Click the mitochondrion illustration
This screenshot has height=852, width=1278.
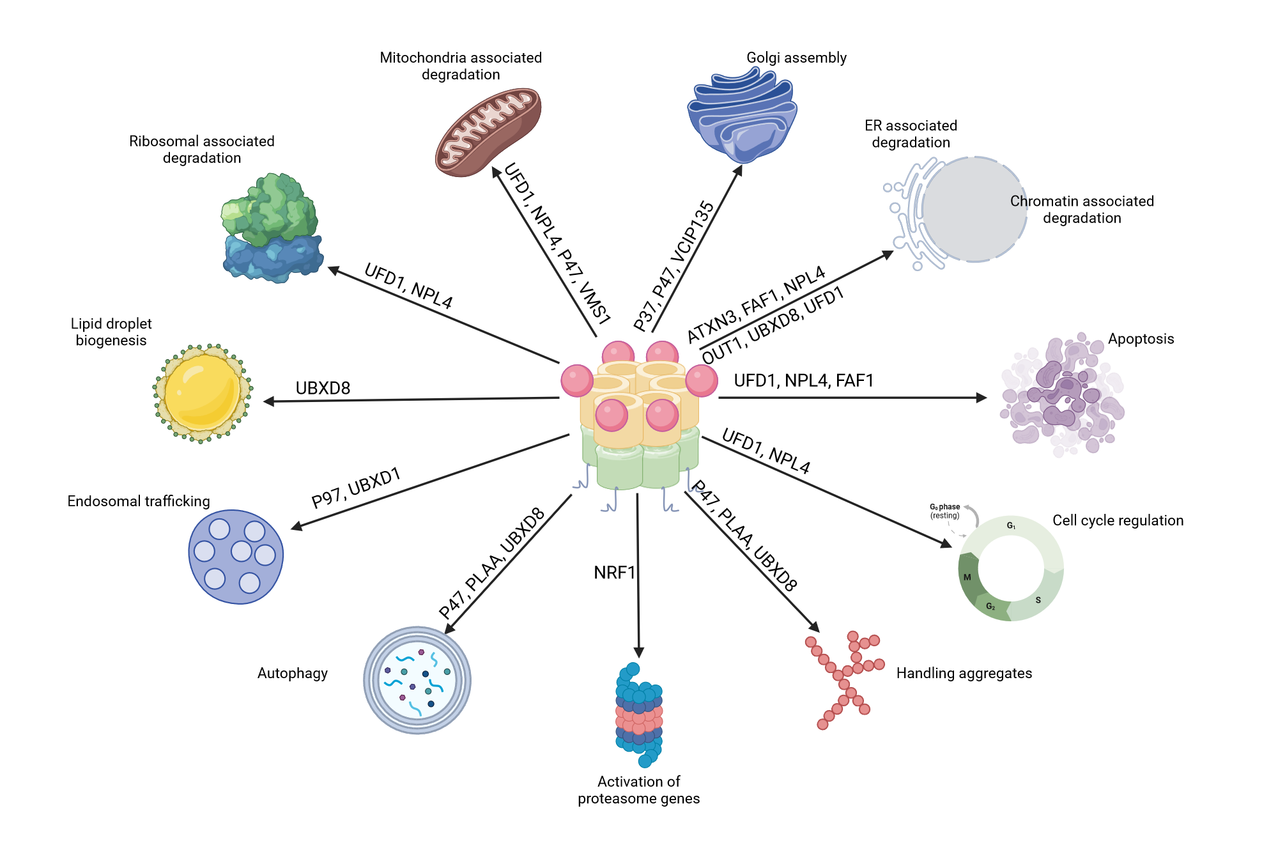tap(488, 132)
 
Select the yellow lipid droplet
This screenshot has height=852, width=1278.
tap(203, 393)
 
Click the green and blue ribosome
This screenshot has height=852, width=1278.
tap(272, 228)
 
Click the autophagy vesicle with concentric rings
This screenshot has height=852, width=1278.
tap(417, 680)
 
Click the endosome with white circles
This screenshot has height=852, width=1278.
tap(236, 557)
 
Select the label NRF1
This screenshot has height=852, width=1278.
tap(614, 572)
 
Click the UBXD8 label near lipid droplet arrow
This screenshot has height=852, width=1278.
tap(323, 388)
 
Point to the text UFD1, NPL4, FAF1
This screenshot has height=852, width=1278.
tap(803, 380)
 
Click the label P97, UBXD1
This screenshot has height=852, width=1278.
tap(356, 487)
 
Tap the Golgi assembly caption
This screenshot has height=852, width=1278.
tap(796, 58)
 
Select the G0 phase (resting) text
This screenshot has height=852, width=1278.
tap(944, 511)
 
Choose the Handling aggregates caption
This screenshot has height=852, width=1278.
tap(964, 673)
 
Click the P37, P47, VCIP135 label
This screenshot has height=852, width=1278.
tap(674, 266)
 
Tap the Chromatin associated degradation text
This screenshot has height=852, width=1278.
tap(1082, 210)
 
